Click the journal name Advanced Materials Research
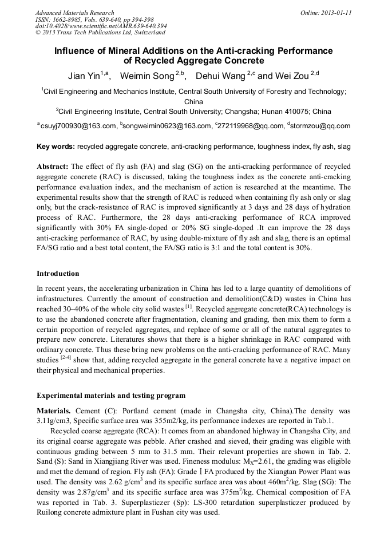(75, 13)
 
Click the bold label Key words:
(56, 147)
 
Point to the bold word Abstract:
(53, 167)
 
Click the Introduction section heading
(58, 274)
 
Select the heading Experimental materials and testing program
(111, 395)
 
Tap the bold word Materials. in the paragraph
(54, 411)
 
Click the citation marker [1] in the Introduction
(188, 307)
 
